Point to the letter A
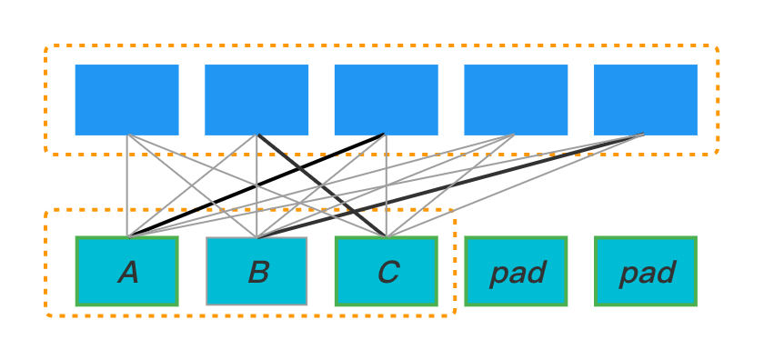pyautogui.click(x=128, y=272)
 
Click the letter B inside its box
pyautogui.click(x=257, y=272)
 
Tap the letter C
pyautogui.click(x=387, y=272)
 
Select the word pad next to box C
pyautogui.click(x=517, y=272)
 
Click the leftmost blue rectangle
pyautogui.click(x=126, y=99)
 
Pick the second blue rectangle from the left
pyautogui.click(x=256, y=99)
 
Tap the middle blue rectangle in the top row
pyautogui.click(x=386, y=99)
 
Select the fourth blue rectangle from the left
pyautogui.click(x=516, y=99)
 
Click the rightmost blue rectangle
pyautogui.click(x=646, y=99)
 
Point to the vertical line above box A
pyautogui.click(x=128, y=186)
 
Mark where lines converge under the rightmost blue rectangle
pyautogui.click(x=643, y=135)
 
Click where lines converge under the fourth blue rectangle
pyautogui.click(x=514, y=135)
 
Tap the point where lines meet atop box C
pyautogui.click(x=387, y=236)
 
